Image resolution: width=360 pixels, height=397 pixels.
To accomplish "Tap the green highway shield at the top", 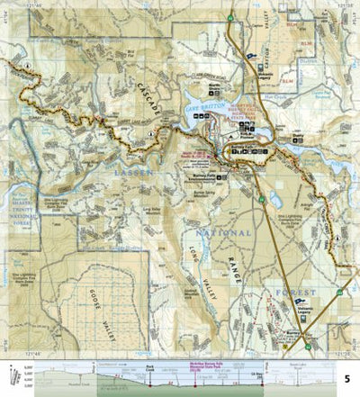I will [x=231, y=18].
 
